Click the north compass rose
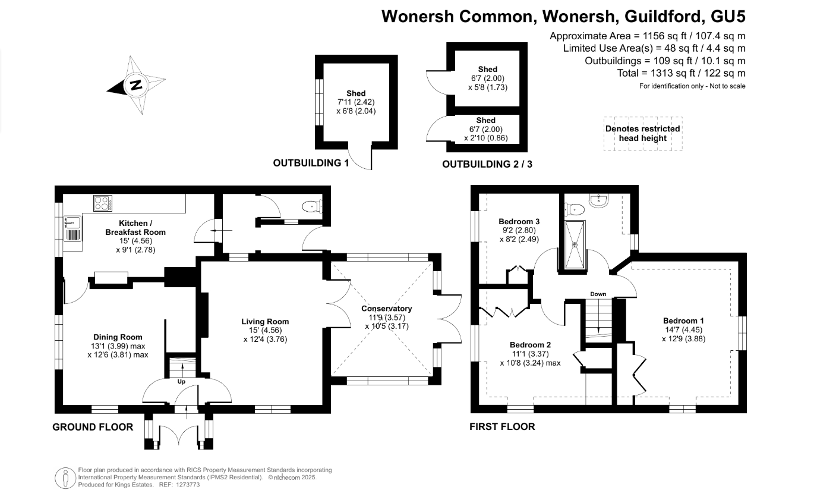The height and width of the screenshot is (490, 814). pyautogui.click(x=137, y=85)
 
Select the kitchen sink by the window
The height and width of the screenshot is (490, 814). pyautogui.click(x=72, y=223)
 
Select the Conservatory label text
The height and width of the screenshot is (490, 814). pyautogui.click(x=387, y=309)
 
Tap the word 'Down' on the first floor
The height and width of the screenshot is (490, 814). pyautogui.click(x=598, y=294)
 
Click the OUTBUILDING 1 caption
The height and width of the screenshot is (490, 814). pyautogui.click(x=311, y=162)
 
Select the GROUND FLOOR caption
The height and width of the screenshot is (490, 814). pyautogui.click(x=93, y=427)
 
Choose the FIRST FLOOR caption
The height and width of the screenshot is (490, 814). pyautogui.click(x=502, y=426)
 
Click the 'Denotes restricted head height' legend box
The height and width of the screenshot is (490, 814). pyautogui.click(x=643, y=134)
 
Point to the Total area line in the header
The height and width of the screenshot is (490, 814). pyautogui.click(x=681, y=73)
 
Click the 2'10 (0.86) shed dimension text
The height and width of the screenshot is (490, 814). pyautogui.click(x=486, y=138)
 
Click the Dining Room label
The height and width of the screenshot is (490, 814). pyautogui.click(x=117, y=337)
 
